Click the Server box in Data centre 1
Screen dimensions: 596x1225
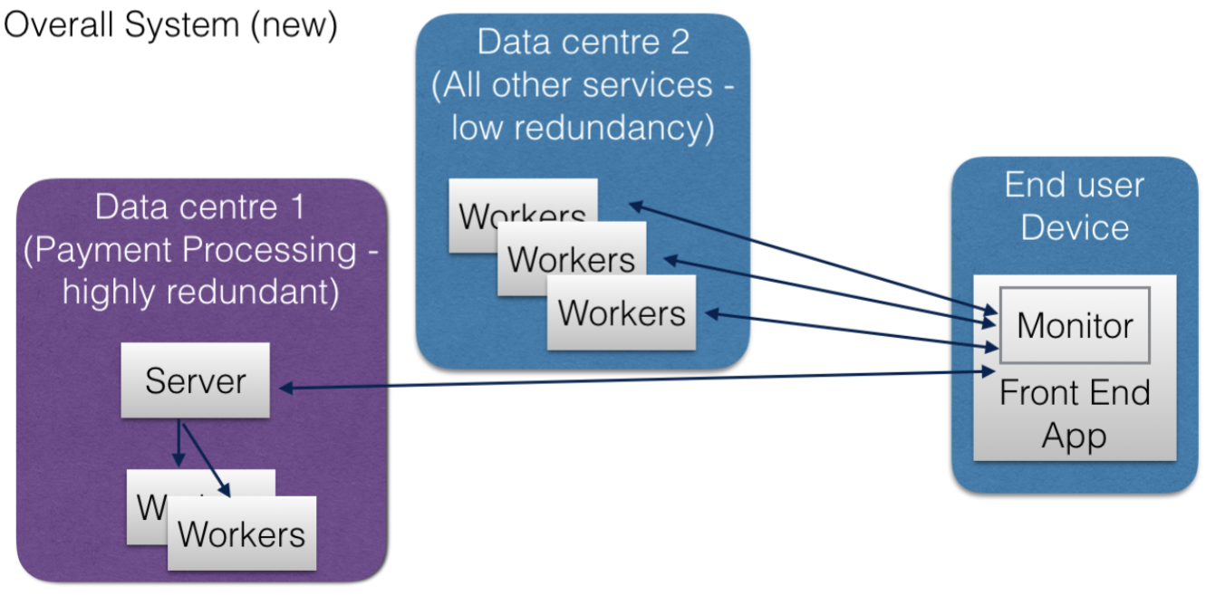(x=195, y=380)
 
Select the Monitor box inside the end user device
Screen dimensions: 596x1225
(x=1075, y=325)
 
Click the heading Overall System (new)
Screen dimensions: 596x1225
(x=170, y=24)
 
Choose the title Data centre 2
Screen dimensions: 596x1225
(x=583, y=42)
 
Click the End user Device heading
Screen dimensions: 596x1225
(x=1075, y=206)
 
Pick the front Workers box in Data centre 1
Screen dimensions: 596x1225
(x=242, y=534)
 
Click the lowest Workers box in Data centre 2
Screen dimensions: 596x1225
(x=622, y=312)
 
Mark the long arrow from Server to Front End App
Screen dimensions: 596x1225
(x=634, y=380)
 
